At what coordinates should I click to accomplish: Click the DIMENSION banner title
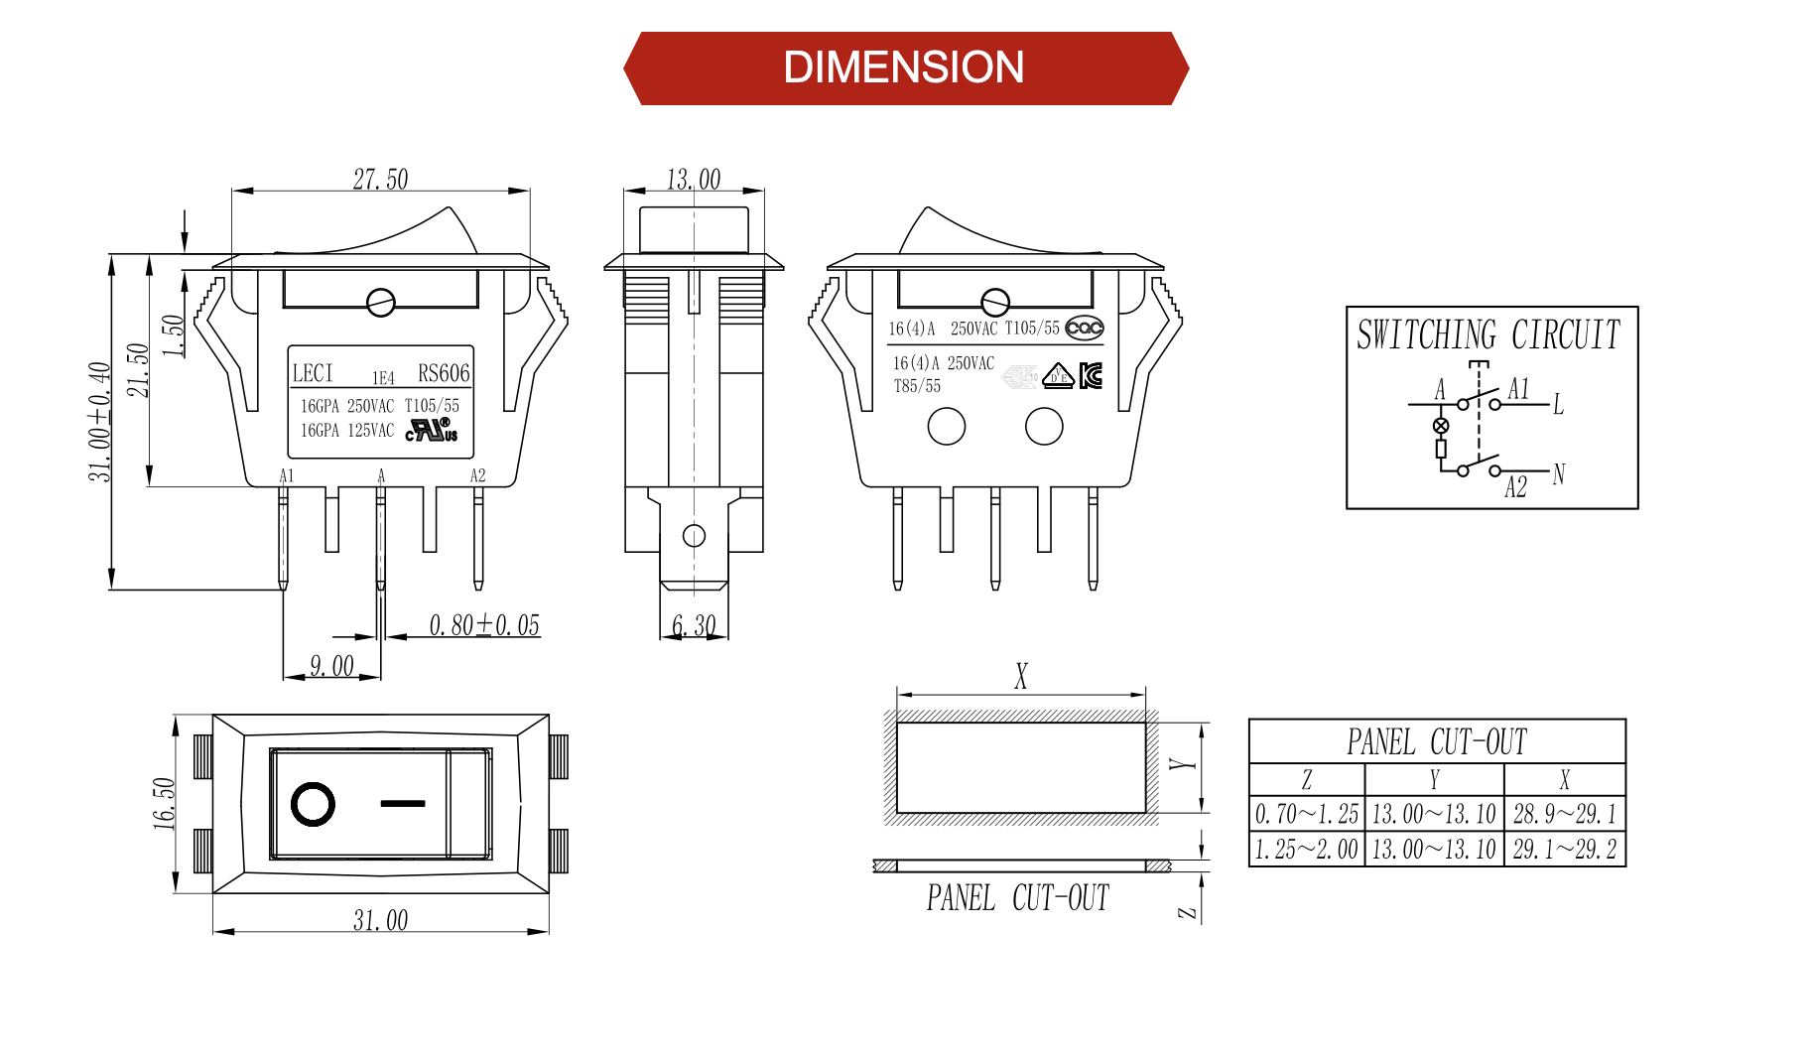pos(903,67)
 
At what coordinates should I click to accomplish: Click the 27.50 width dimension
pos(380,180)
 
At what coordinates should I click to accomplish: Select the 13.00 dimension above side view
pos(693,180)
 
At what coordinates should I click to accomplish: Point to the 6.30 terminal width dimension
pos(693,625)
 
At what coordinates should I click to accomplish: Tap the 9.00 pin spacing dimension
pos(331,665)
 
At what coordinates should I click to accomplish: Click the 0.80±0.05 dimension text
pos(484,625)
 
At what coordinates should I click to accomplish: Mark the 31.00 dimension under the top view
pos(380,920)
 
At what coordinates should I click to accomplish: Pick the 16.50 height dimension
pos(164,803)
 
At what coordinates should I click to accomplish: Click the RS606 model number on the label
pos(443,373)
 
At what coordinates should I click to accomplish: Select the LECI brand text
pos(313,373)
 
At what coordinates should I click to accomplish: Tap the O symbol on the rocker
pos(313,804)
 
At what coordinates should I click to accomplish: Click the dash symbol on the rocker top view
pos(403,803)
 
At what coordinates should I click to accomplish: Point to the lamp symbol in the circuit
pos(1441,426)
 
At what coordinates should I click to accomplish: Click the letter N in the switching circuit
pos(1558,474)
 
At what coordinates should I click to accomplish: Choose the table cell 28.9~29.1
pos(1564,814)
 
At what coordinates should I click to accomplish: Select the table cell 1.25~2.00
pos(1306,850)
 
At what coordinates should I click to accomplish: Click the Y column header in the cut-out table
pos(1433,780)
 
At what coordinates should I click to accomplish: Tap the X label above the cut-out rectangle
pos(1021,676)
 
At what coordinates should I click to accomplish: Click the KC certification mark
pos(1091,375)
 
